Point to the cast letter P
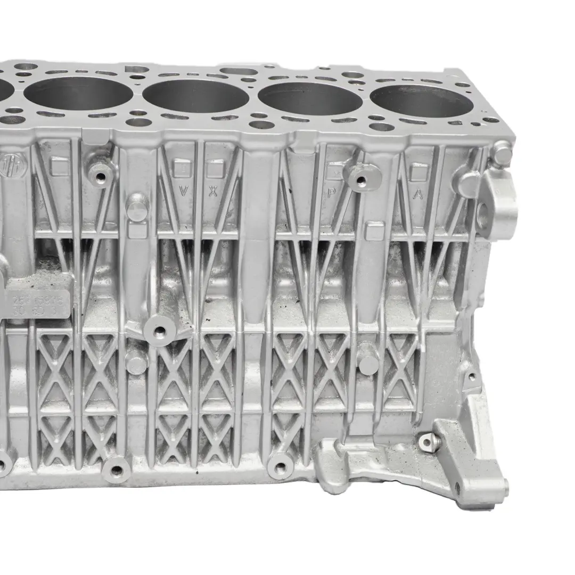(x=331, y=193)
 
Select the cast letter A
(x=418, y=194)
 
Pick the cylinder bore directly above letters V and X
(x=195, y=96)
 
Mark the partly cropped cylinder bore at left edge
(x=5, y=89)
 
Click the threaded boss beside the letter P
(x=362, y=177)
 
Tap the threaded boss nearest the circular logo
(x=100, y=172)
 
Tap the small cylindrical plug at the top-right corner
(x=501, y=154)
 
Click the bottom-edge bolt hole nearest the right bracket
(x=280, y=469)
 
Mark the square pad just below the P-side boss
(x=375, y=231)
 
